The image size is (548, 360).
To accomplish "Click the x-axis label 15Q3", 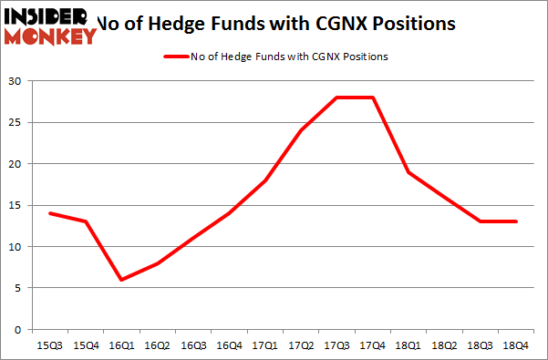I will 49,346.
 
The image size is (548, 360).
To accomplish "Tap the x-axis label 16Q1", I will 121,346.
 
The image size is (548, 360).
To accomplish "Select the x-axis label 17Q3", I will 337,346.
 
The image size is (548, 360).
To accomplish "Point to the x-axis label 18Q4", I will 517,346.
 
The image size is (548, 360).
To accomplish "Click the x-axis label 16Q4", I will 229,346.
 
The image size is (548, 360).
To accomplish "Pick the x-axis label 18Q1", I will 409,346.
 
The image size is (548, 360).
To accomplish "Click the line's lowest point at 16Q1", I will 121,280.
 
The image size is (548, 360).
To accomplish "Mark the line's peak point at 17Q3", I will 337,98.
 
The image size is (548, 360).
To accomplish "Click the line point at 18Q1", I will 409,172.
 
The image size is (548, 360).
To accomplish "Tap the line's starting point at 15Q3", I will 49,213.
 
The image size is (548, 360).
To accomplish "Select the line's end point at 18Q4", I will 517,221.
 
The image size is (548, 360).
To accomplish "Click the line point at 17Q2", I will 301,130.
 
